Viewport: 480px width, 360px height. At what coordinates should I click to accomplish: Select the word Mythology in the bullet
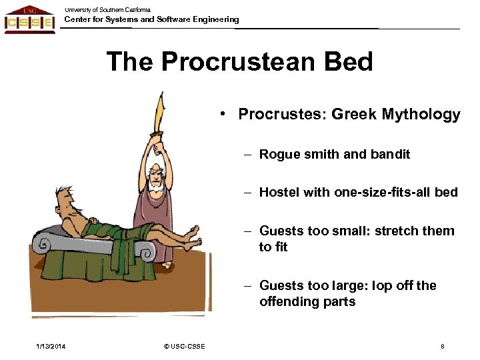[x=421, y=115]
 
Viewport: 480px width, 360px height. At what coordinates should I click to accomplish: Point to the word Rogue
[x=279, y=154]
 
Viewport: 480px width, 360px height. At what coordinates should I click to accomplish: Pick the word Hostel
[x=279, y=192]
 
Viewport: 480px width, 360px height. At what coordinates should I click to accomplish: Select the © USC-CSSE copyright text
[x=184, y=346]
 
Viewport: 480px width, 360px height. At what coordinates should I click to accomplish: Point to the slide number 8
[x=443, y=346]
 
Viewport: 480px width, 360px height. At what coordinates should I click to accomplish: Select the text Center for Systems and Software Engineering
[x=151, y=19]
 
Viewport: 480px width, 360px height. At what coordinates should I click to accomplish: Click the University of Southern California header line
[x=107, y=9]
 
